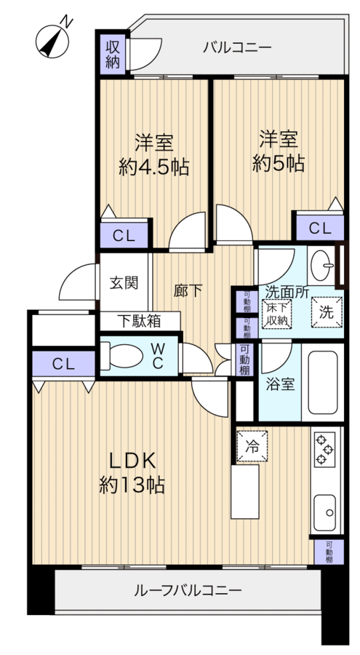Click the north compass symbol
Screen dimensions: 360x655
click(52, 41)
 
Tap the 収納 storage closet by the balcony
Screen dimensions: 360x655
click(112, 55)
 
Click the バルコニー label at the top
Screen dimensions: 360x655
click(237, 47)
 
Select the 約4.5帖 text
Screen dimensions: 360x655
click(153, 167)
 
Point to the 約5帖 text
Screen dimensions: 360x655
click(278, 163)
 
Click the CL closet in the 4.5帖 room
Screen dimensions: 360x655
click(124, 236)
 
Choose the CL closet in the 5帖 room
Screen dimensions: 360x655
click(320, 228)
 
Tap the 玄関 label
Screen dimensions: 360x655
click(124, 283)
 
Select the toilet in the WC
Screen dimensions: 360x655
click(121, 356)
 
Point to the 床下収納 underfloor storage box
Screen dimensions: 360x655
click(277, 314)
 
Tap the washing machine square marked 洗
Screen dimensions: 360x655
click(327, 312)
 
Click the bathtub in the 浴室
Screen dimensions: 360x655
click(323, 382)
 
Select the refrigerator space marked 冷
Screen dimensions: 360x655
click(252, 446)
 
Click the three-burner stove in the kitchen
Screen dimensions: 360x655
click(324, 450)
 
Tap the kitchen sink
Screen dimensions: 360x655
click(325, 512)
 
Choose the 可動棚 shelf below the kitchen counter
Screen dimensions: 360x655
click(329, 552)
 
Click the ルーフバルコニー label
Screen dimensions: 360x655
click(188, 590)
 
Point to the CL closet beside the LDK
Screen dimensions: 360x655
click(63, 364)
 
